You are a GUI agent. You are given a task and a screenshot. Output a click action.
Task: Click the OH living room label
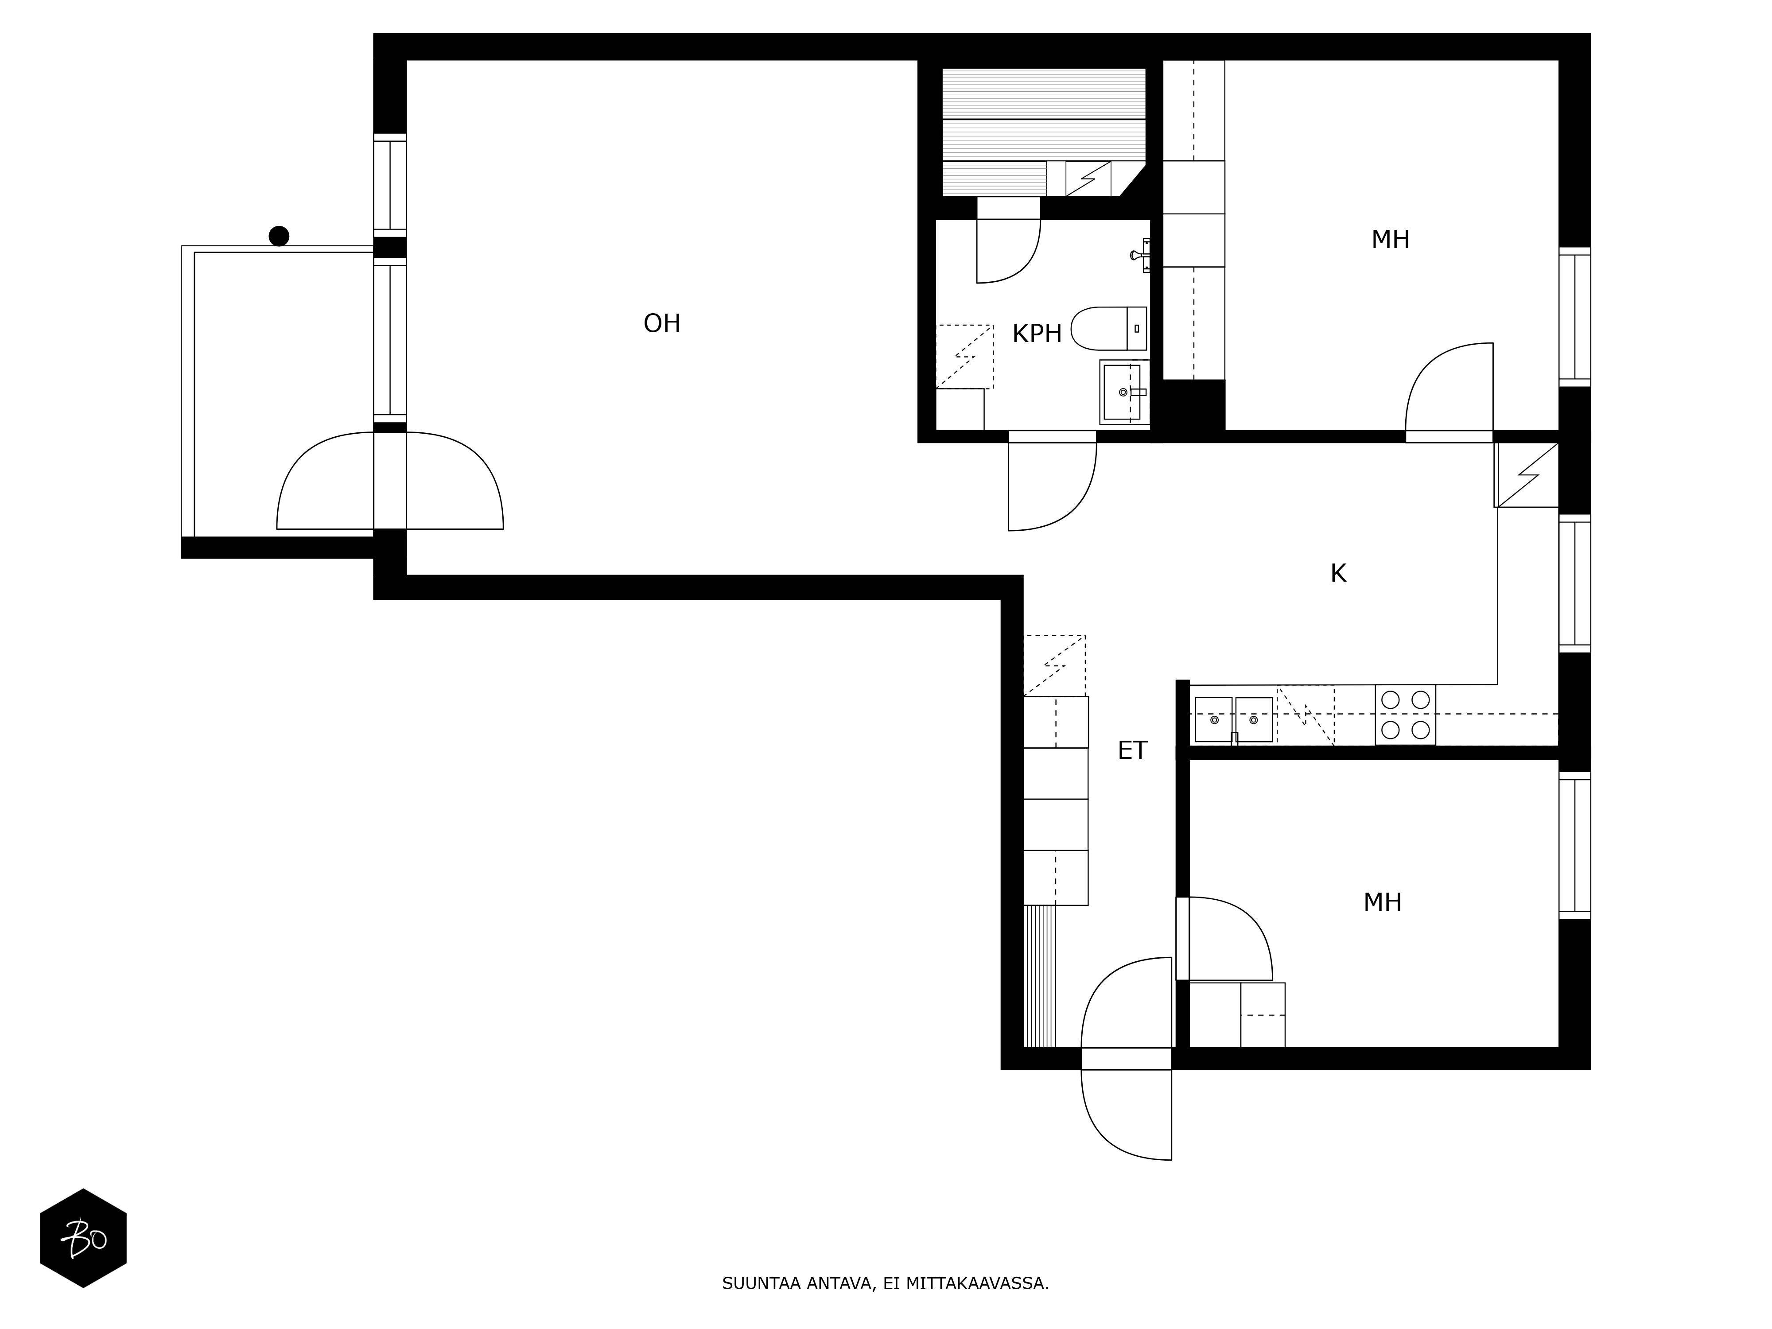[662, 324]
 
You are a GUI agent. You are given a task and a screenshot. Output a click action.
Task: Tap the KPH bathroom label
[1037, 333]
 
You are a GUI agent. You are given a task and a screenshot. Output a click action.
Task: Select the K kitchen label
[1338, 574]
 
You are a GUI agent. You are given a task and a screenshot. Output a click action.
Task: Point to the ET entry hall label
[1132, 750]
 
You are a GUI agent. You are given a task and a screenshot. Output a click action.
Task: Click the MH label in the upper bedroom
[1390, 240]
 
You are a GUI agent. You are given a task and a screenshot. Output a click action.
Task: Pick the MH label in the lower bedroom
[1382, 903]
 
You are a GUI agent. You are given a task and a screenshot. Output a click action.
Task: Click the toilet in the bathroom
[1109, 328]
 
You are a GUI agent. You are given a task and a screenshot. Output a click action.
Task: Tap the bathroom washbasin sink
[1124, 392]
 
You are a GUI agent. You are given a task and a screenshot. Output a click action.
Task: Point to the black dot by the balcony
[279, 236]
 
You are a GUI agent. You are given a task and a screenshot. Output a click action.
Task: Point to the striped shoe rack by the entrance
[1040, 976]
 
